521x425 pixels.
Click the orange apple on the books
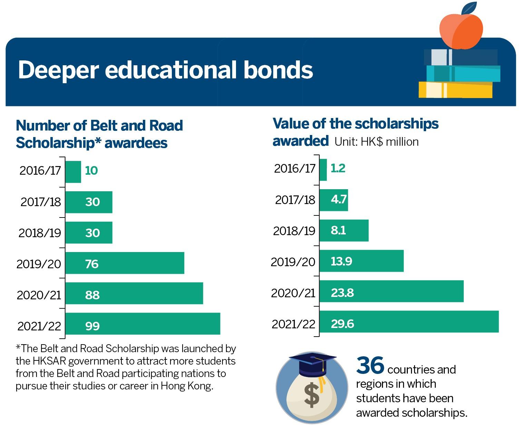point(461,31)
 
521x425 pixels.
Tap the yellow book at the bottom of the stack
point(455,89)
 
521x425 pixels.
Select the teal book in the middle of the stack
point(463,74)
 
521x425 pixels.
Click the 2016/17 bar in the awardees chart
point(73,172)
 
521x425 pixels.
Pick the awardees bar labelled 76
point(125,263)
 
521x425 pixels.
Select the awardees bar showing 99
point(143,323)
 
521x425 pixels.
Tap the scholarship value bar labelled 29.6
point(409,321)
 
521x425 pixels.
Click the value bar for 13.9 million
point(361,261)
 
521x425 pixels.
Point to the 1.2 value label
point(338,168)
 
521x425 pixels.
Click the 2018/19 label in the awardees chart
point(40,233)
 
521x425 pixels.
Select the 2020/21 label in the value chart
point(293,293)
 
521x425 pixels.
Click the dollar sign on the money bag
point(312,395)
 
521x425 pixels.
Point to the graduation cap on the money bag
point(312,365)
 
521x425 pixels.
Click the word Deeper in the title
point(59,70)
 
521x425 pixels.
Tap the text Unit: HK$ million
point(376,142)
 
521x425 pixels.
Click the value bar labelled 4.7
point(334,200)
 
